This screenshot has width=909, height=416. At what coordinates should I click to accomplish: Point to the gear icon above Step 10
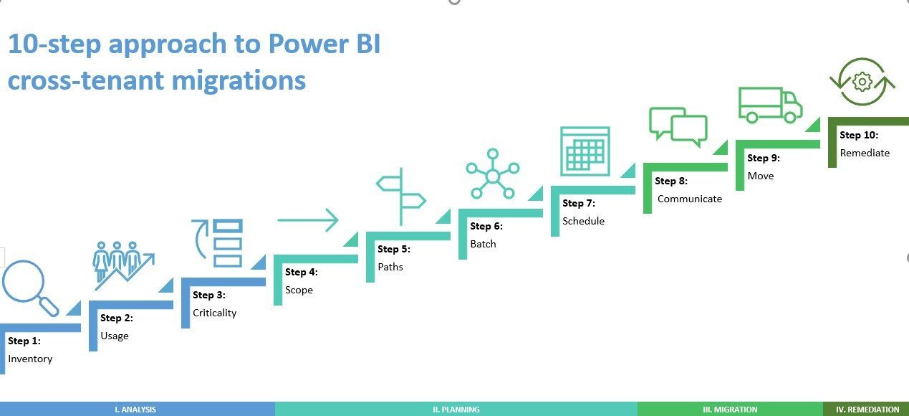tap(862, 82)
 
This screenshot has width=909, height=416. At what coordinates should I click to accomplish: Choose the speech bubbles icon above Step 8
tap(678, 127)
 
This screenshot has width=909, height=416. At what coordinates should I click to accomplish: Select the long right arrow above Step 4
tap(307, 220)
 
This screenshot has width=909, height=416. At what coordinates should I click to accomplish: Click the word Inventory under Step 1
tap(30, 359)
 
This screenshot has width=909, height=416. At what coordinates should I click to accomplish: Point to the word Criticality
tap(214, 313)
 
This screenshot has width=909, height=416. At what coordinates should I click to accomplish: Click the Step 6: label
tap(486, 226)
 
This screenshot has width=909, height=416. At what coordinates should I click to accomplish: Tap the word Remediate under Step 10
tap(865, 153)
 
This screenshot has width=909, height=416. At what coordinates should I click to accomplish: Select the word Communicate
tap(689, 199)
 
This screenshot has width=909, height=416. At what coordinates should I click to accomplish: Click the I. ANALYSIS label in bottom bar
tap(135, 410)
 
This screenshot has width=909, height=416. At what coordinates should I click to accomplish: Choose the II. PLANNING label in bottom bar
tap(456, 410)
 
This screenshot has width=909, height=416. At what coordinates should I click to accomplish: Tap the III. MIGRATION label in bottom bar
tap(730, 410)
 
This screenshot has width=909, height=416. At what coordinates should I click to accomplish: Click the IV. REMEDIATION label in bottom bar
tap(867, 410)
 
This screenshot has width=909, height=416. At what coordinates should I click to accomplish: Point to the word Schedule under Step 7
tap(583, 221)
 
